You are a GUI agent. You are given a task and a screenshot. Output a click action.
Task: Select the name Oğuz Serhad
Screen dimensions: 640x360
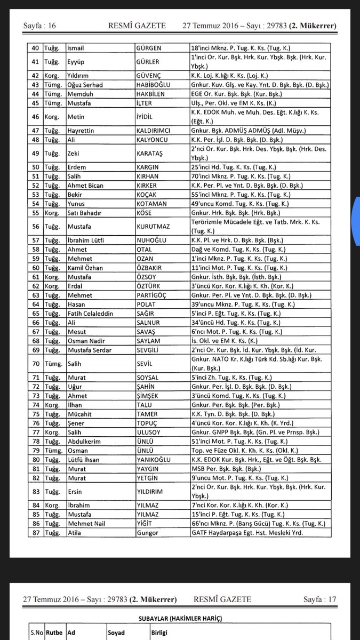coord(85,85)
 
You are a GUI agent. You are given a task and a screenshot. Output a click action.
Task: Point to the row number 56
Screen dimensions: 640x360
coord(36,226)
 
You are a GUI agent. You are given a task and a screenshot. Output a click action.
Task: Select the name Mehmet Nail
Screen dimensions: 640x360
coord(86,524)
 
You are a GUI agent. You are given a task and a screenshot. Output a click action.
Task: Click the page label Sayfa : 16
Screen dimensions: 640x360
coord(39,26)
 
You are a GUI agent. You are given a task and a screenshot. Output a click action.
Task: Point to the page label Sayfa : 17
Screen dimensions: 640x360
coord(320,599)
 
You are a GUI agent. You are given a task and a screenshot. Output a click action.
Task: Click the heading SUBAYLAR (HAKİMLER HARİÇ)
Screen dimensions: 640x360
coord(180,618)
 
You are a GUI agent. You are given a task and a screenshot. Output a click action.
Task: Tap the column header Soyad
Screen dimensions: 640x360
coord(117,633)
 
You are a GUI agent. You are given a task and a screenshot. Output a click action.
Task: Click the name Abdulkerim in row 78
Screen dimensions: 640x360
coord(85,442)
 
